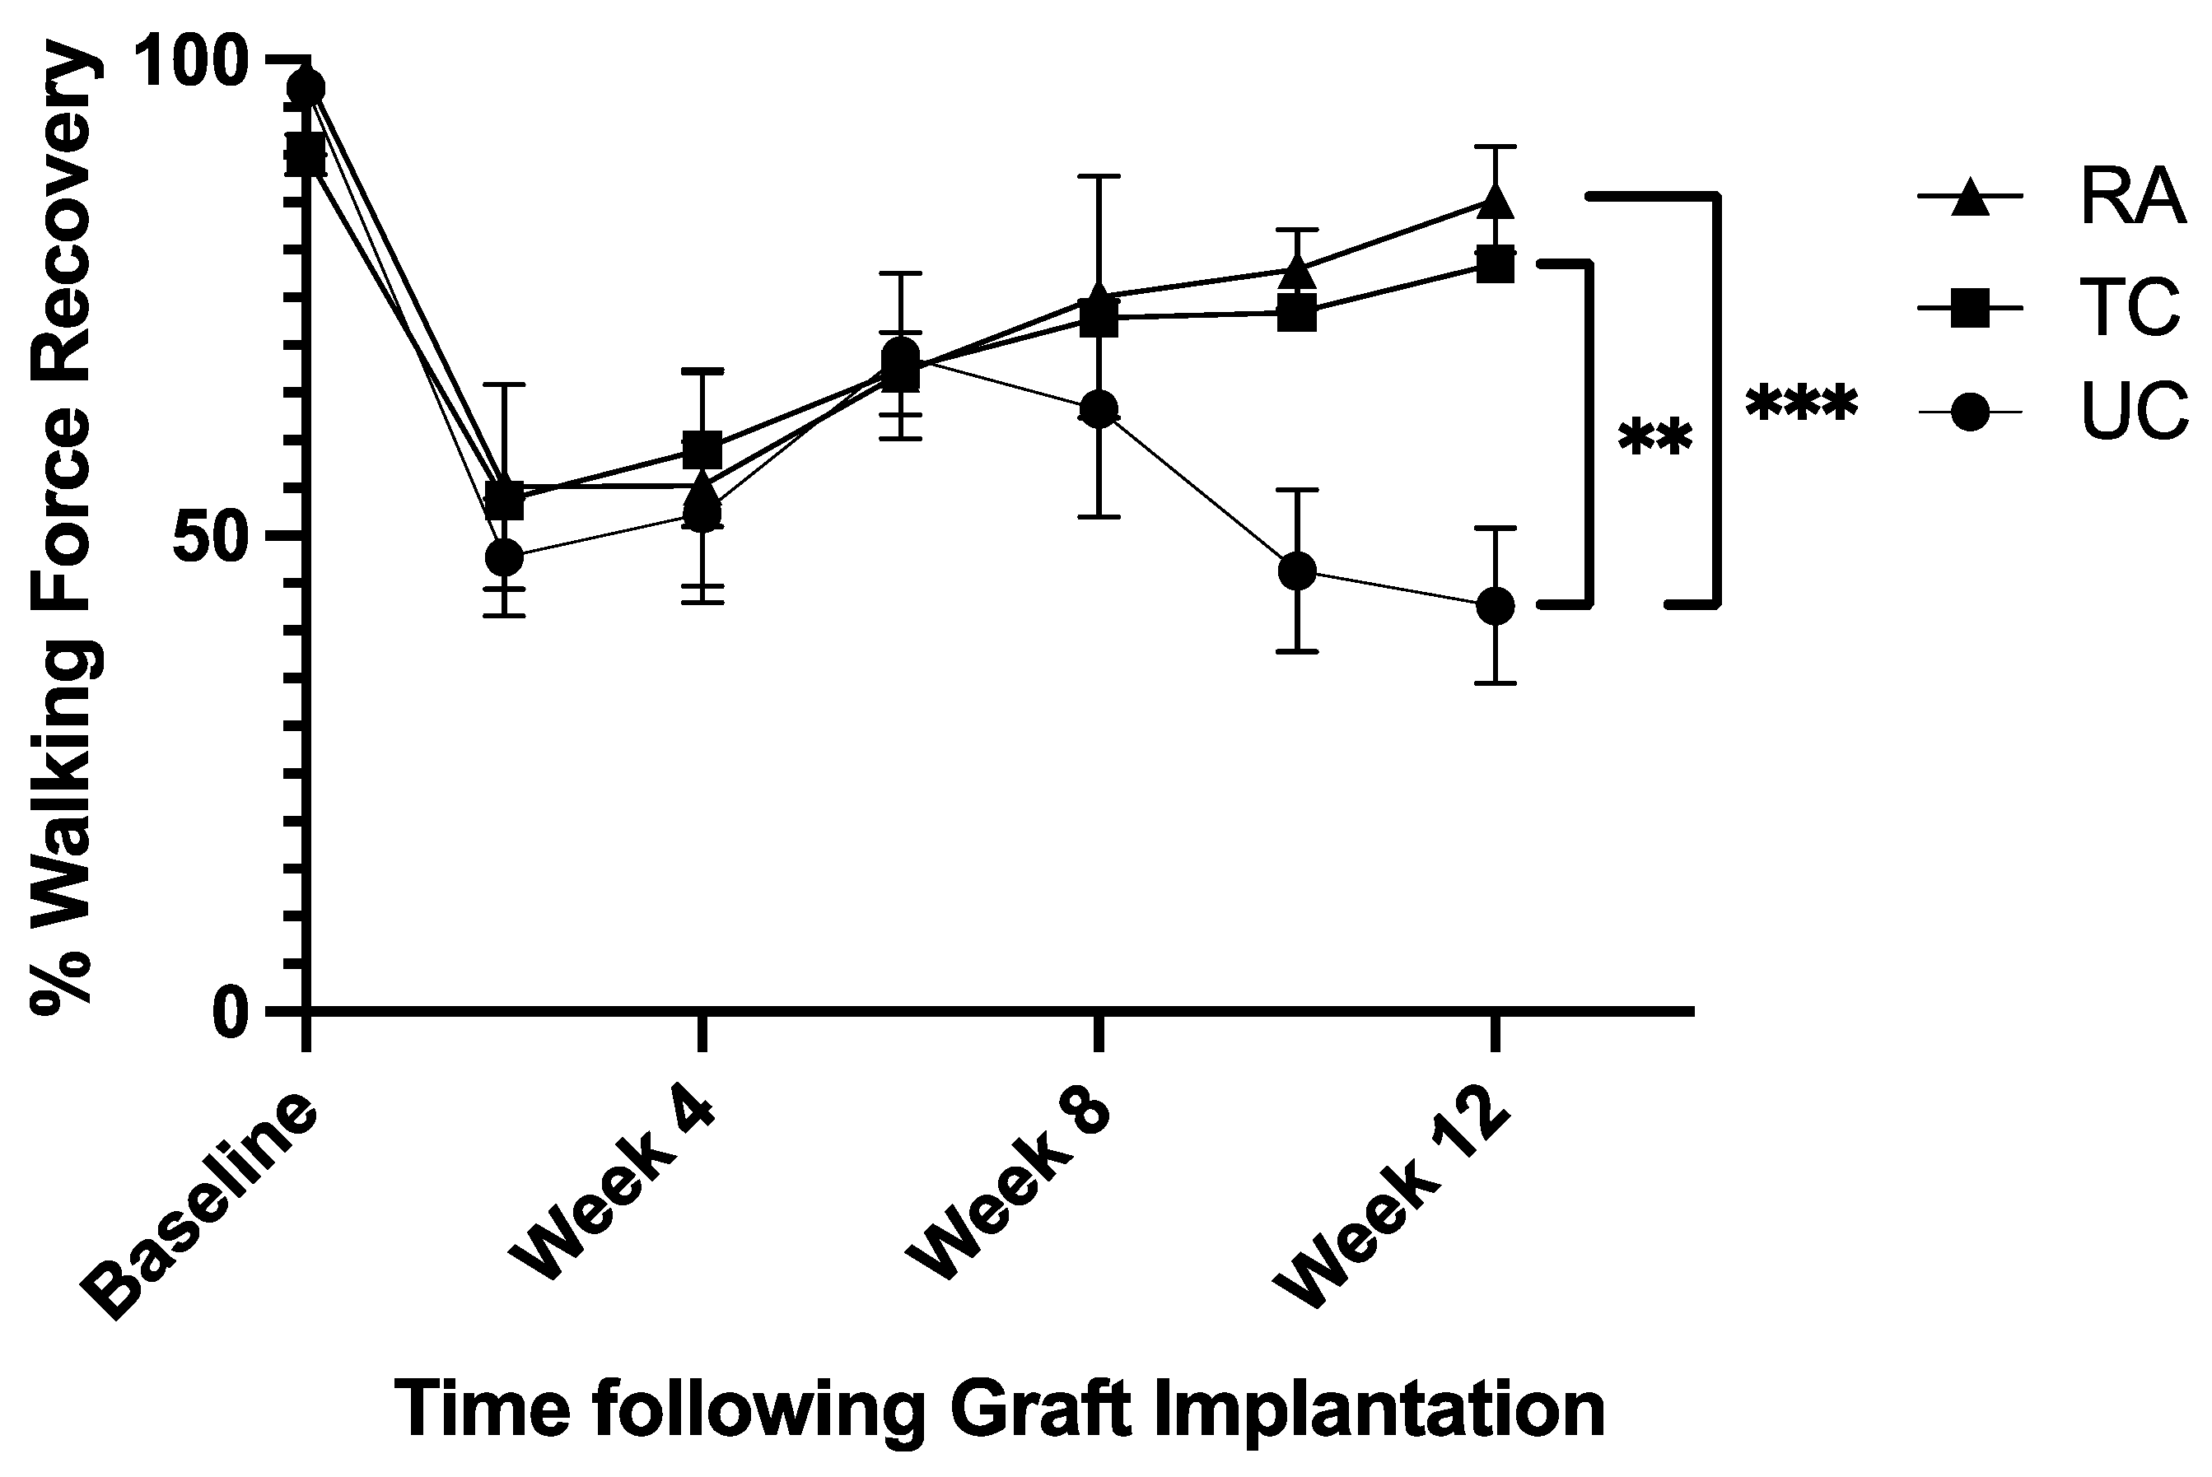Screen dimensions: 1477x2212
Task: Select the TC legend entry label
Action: (x=2131, y=307)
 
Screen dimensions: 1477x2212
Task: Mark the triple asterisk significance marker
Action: (x=1801, y=406)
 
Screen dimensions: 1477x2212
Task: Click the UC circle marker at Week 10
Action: (x=1297, y=570)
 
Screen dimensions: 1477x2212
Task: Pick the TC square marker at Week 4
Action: (x=702, y=450)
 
